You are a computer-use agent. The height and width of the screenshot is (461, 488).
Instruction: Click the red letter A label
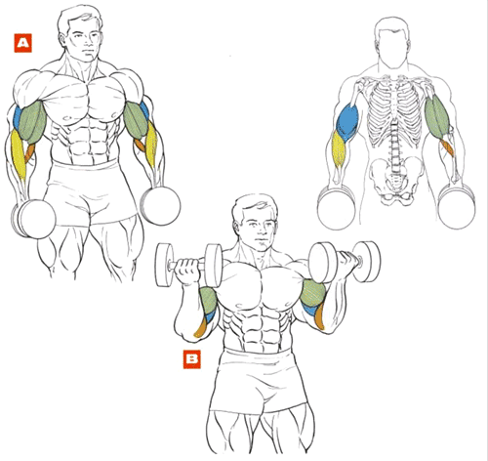[x=23, y=43]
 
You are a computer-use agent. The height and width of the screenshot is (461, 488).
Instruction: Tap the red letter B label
[x=192, y=359]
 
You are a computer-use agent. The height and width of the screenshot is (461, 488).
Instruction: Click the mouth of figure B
[x=261, y=241]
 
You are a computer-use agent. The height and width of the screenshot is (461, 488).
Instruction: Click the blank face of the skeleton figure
[x=392, y=49]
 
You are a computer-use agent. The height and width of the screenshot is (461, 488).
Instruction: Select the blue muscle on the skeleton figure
[x=347, y=121]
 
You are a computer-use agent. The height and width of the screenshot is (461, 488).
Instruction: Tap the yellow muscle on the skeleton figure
[x=339, y=149]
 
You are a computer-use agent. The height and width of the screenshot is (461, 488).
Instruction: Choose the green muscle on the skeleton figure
[x=436, y=116]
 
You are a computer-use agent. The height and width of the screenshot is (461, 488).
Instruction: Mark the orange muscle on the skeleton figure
[x=447, y=147]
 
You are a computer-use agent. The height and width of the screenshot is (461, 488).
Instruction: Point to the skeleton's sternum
[x=394, y=98]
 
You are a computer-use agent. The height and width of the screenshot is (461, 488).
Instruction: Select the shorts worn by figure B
[x=259, y=381]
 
